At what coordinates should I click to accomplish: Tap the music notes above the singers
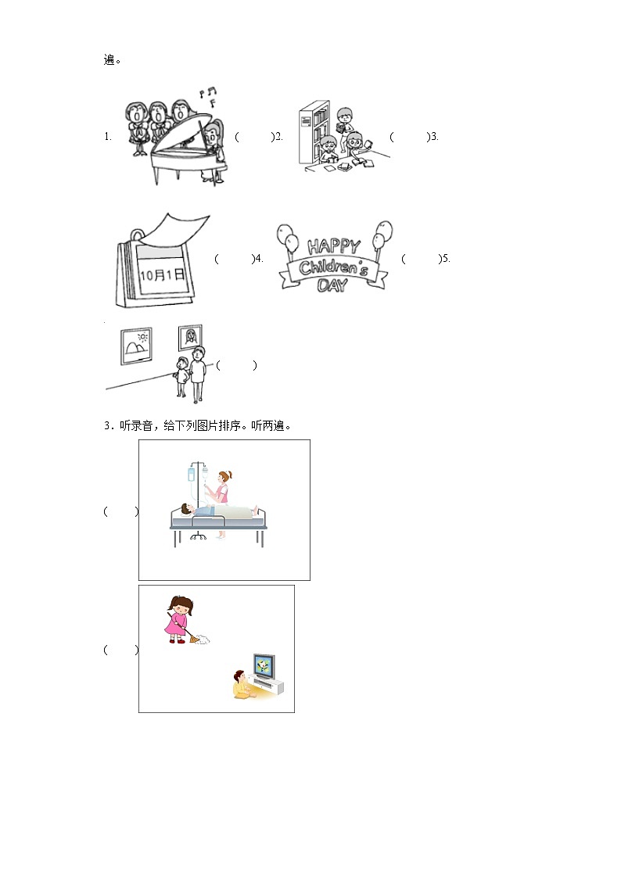click(209, 95)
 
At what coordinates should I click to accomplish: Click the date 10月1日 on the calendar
click(162, 274)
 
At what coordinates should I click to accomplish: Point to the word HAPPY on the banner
click(334, 245)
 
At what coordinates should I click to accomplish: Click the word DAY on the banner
click(332, 285)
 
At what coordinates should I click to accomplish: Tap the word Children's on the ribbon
click(334, 267)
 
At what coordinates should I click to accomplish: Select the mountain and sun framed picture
click(137, 346)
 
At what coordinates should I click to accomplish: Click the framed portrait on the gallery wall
click(190, 337)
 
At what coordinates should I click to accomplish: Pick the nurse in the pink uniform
click(221, 502)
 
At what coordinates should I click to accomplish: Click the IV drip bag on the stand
click(192, 475)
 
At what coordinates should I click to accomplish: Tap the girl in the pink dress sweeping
click(179, 619)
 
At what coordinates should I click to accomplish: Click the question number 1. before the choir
click(107, 137)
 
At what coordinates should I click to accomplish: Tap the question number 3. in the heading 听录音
click(108, 426)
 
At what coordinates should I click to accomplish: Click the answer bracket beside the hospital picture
click(121, 511)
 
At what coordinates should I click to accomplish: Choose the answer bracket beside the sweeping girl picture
click(121, 650)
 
